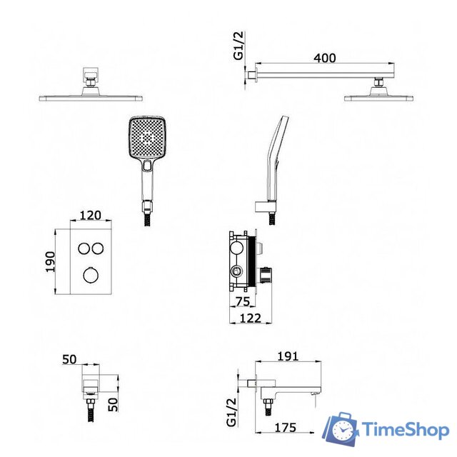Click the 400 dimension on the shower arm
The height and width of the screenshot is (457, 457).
point(324,58)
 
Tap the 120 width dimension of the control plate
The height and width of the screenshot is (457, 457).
point(91,215)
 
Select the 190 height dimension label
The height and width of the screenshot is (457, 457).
point(50,262)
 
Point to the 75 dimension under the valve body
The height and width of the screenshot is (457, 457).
point(243,301)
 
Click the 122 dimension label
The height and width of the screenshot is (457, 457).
point(251,318)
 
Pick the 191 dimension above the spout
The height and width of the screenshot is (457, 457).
point(288,356)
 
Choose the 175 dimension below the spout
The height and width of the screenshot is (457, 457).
point(286,428)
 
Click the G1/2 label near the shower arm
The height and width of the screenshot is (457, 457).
point(238,45)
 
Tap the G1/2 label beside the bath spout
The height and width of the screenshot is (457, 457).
point(231,412)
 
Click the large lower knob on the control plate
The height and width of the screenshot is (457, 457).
point(91,275)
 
